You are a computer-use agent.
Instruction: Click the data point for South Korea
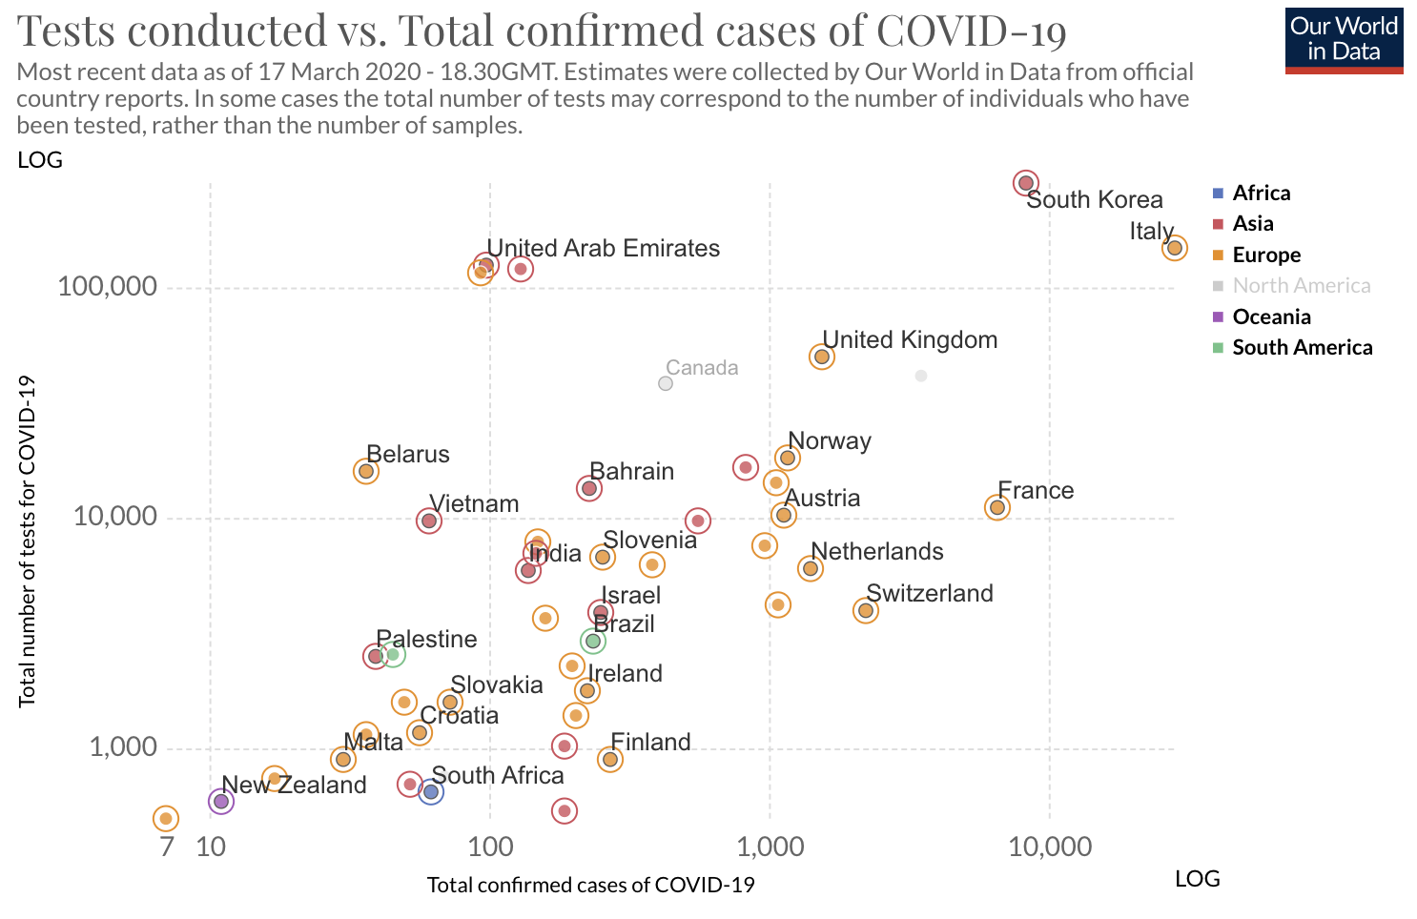click(1025, 183)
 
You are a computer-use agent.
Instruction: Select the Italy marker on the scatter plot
click(1174, 248)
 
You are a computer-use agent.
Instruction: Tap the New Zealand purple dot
click(221, 801)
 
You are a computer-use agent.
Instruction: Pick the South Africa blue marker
click(430, 791)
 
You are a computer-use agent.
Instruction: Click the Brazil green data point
click(593, 641)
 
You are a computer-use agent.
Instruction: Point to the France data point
click(997, 507)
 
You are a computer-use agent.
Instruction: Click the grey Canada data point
click(666, 383)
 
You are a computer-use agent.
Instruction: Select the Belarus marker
click(366, 471)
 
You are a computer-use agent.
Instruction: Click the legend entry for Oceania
click(1270, 317)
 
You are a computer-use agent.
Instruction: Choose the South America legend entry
click(1301, 347)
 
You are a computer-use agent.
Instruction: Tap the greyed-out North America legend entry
click(1301, 285)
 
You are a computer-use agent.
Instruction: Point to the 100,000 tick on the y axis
click(107, 287)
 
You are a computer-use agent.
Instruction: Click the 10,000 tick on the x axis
click(1050, 847)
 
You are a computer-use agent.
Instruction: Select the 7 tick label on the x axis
click(167, 847)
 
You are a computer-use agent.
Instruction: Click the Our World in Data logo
click(1344, 40)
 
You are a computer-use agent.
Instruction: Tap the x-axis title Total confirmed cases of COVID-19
click(590, 885)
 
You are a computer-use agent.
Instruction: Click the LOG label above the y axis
click(40, 160)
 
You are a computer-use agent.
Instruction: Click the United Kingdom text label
click(910, 340)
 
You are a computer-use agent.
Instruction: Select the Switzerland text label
click(929, 593)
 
